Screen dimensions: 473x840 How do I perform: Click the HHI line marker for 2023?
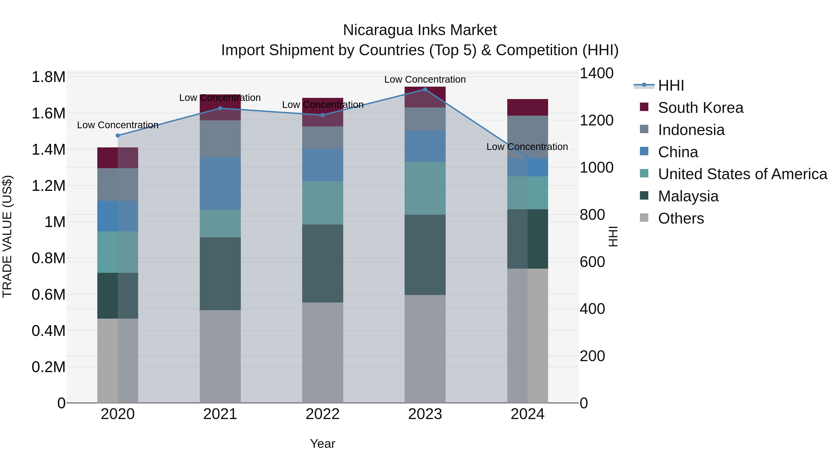tap(425, 89)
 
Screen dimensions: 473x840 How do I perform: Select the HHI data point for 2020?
tap(118, 135)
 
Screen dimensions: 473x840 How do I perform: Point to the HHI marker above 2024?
tap(528, 158)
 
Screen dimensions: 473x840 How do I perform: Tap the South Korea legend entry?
tap(700, 108)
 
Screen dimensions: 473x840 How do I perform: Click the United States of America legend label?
tap(742, 174)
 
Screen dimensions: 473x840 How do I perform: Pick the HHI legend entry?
tap(671, 85)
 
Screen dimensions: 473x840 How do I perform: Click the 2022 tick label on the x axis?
tap(322, 414)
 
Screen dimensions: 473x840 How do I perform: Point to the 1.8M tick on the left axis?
tap(49, 77)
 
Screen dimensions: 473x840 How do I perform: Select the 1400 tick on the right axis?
tap(596, 73)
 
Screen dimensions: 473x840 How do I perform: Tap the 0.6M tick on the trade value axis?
tap(49, 295)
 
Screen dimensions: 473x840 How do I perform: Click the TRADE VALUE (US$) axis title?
tap(7, 236)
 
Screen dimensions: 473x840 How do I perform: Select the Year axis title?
tap(322, 444)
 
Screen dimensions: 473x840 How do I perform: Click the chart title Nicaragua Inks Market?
tap(420, 30)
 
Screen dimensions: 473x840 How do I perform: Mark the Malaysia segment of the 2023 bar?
tap(425, 255)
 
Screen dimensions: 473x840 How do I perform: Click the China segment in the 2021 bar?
tap(220, 183)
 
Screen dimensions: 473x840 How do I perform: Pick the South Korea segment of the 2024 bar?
tap(528, 107)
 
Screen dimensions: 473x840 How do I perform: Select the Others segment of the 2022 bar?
tap(322, 352)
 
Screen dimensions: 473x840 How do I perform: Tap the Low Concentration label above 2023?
tap(425, 80)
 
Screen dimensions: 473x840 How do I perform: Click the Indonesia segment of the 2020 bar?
tap(118, 185)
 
